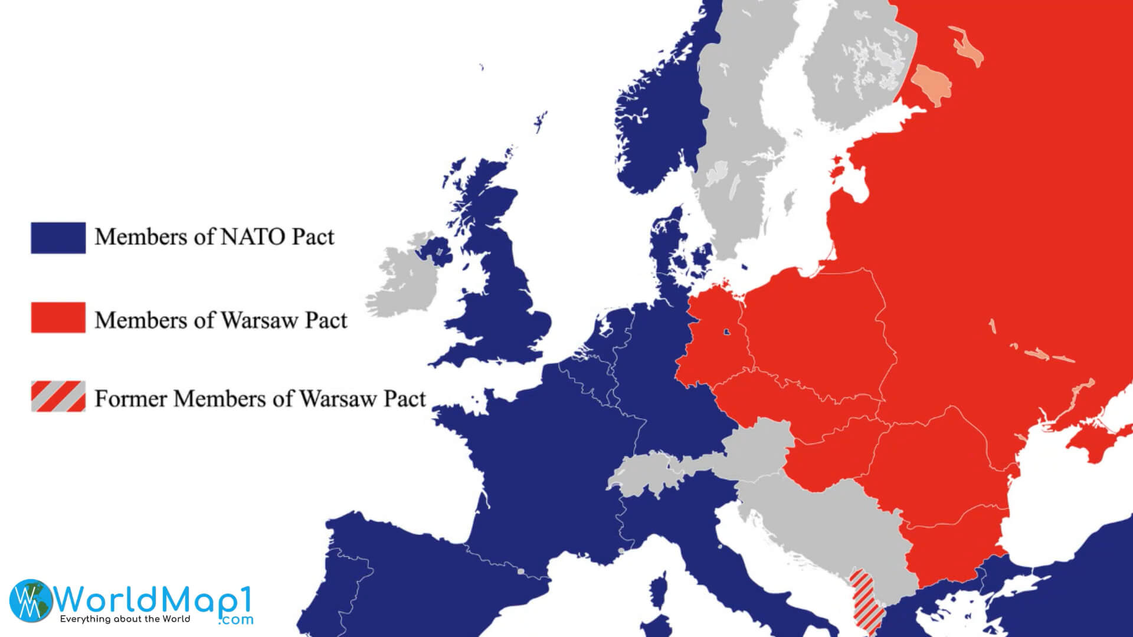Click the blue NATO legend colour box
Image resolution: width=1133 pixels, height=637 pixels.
coord(58,238)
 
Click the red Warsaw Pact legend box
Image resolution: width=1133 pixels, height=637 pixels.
coord(58,318)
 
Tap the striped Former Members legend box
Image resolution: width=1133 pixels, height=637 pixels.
coord(58,396)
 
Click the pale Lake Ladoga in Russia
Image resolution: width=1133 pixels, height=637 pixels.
coord(932,85)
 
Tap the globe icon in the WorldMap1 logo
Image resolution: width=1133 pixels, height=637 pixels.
coord(31,600)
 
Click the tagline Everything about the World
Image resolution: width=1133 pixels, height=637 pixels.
coord(125,619)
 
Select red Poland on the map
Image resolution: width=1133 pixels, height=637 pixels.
coord(814,330)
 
